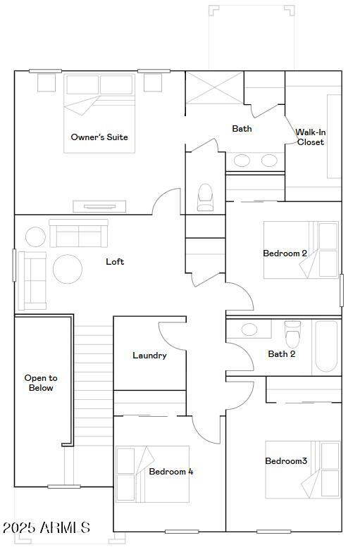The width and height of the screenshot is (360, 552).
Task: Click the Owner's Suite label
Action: pos(99,137)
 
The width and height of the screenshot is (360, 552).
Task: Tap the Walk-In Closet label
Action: pos(310,137)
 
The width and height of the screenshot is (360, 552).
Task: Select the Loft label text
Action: pos(115,262)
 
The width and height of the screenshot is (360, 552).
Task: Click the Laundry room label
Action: pos(149,356)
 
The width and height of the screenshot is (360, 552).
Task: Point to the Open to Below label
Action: pos(41,383)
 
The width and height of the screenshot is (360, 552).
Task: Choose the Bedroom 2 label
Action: pos(285,253)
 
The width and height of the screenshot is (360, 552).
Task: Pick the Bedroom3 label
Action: pos(286,461)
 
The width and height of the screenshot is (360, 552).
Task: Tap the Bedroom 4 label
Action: pos(170,472)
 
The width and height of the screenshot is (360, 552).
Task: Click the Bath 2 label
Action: pos(281,354)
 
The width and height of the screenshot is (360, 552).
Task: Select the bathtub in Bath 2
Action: pos(326,346)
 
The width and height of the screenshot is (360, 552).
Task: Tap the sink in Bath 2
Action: pos(249,330)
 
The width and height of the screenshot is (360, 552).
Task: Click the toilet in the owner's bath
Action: pos(205,196)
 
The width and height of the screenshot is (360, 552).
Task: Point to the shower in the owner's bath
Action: pos(214,88)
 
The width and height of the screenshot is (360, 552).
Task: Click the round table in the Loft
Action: pos(68,268)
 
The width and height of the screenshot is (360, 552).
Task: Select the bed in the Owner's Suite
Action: pos(99,113)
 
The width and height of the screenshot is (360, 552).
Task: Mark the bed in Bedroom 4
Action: pos(152,474)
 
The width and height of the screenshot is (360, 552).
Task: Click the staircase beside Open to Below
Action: pos(93,394)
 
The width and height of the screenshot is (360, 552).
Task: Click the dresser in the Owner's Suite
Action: pos(99,206)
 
